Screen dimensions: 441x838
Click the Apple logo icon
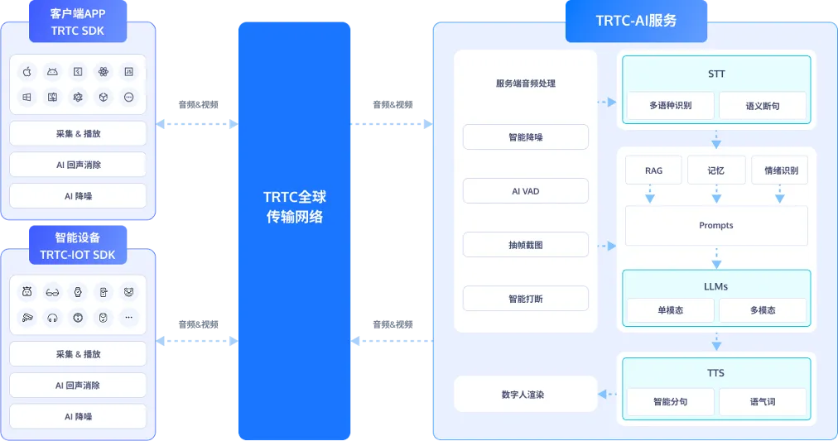[x=26, y=72]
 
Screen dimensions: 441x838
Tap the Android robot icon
[x=52, y=72]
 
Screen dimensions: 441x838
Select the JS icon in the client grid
[x=129, y=72]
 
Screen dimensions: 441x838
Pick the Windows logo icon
[x=26, y=97]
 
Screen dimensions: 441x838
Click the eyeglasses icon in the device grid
[x=52, y=292]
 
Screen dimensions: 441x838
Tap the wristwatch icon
[x=78, y=292]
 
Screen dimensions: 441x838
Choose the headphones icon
[x=52, y=317]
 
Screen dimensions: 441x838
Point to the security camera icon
[x=26, y=317]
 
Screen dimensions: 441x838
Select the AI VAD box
[x=525, y=191]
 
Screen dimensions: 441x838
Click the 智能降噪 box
[x=525, y=137]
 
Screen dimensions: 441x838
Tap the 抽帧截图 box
[x=525, y=245]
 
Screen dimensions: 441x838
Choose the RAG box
[x=653, y=170]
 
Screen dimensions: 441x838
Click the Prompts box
[x=715, y=225]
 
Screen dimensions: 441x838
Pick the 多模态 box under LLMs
[x=762, y=310]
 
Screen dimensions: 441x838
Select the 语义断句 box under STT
[x=762, y=106]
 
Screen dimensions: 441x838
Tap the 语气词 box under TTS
[x=762, y=402]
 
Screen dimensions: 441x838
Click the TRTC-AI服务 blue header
[x=636, y=21]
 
